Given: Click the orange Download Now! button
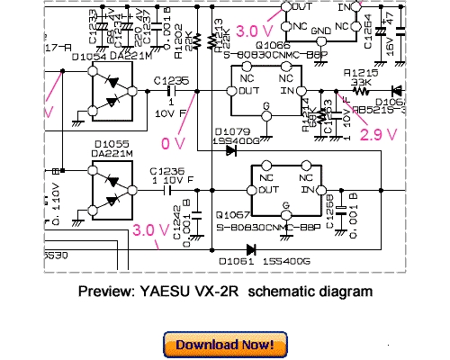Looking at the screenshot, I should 225,344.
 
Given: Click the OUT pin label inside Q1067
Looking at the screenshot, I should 265,190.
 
